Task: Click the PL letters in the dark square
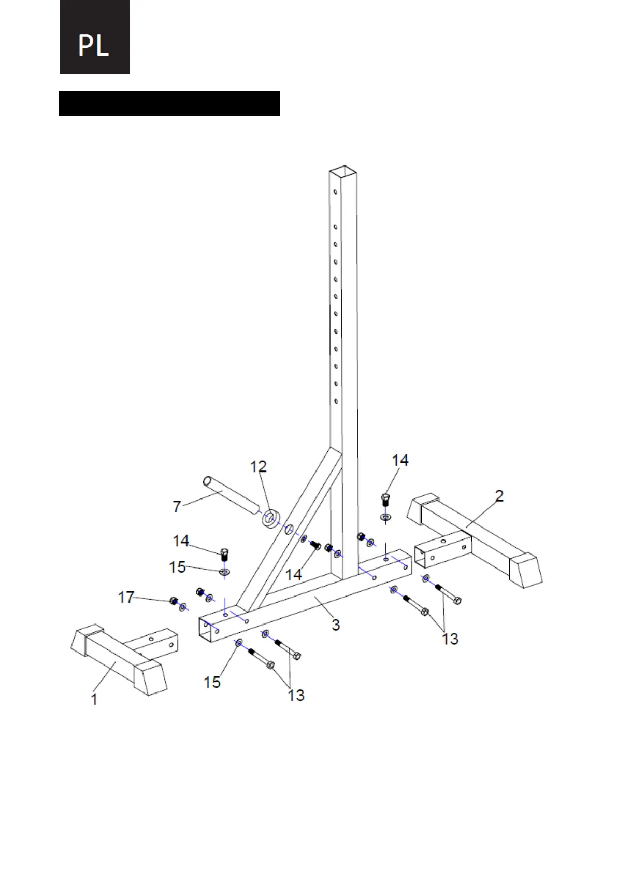pyautogui.click(x=94, y=45)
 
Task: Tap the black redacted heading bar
pyautogui.click(x=169, y=104)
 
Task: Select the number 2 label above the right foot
pyautogui.click(x=499, y=496)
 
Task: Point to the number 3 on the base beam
pyautogui.click(x=336, y=625)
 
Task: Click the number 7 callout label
pyautogui.click(x=177, y=506)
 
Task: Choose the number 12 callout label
pyautogui.click(x=259, y=467)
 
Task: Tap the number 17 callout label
pyautogui.click(x=126, y=597)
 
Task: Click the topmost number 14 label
pyautogui.click(x=400, y=460)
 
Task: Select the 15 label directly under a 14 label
pyautogui.click(x=178, y=567)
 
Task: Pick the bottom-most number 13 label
pyautogui.click(x=296, y=695)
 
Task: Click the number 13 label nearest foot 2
pyautogui.click(x=450, y=639)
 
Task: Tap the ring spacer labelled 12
pyautogui.click(x=270, y=518)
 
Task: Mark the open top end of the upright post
pyautogui.click(x=343, y=171)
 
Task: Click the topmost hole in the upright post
pyautogui.click(x=336, y=192)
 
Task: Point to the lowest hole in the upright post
pyautogui.click(x=336, y=401)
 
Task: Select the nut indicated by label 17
pyautogui.click(x=174, y=601)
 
